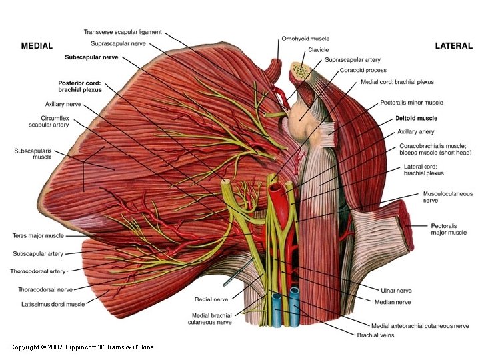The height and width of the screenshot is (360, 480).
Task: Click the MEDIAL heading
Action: [x=37, y=46]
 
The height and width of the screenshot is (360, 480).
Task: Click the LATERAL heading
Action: [x=453, y=46]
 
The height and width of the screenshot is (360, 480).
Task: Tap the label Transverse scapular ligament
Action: [x=123, y=32]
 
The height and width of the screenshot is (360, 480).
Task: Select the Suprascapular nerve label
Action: [x=118, y=44]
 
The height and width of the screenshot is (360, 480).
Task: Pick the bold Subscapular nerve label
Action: [x=91, y=57]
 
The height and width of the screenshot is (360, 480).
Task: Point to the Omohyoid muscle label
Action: [x=305, y=39]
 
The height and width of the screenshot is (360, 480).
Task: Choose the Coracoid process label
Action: [x=363, y=70]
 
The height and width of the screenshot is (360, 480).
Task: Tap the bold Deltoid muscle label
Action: [x=416, y=118]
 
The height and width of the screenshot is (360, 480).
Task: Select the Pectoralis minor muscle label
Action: [x=411, y=103]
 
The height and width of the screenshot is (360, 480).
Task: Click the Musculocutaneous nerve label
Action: [x=447, y=197]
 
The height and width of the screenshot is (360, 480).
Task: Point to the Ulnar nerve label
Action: [x=395, y=291]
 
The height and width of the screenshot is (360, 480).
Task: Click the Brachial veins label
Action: [x=375, y=335]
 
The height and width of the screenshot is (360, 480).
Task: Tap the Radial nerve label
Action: [x=211, y=299]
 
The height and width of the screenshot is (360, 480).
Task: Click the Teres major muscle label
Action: [x=39, y=235]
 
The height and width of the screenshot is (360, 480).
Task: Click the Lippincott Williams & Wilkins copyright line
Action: [x=83, y=347]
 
